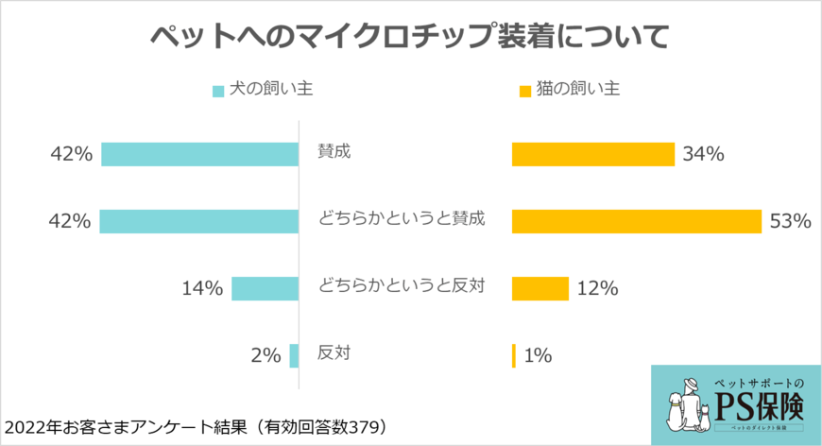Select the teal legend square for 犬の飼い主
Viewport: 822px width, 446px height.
click(218, 92)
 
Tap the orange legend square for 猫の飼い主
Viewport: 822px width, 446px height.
click(525, 92)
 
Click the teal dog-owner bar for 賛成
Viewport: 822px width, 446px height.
click(199, 154)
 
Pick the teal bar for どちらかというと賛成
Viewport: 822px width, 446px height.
click(198, 221)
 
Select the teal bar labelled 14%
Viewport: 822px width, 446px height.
click(265, 288)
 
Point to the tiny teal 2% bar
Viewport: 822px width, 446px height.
click(294, 355)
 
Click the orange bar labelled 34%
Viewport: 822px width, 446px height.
click(592, 154)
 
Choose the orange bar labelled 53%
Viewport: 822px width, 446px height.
click(636, 221)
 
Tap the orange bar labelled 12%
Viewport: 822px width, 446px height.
click(539, 288)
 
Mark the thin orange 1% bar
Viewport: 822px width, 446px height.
click(514, 355)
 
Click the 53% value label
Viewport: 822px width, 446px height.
click(791, 222)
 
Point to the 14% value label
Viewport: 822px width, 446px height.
click(202, 289)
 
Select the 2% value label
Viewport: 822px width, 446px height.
click(265, 356)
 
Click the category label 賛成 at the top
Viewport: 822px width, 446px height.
click(334, 151)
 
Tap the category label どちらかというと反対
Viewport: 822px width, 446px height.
click(402, 285)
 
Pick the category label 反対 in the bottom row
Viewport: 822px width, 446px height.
click(334, 353)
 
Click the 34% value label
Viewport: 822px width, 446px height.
click(704, 155)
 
